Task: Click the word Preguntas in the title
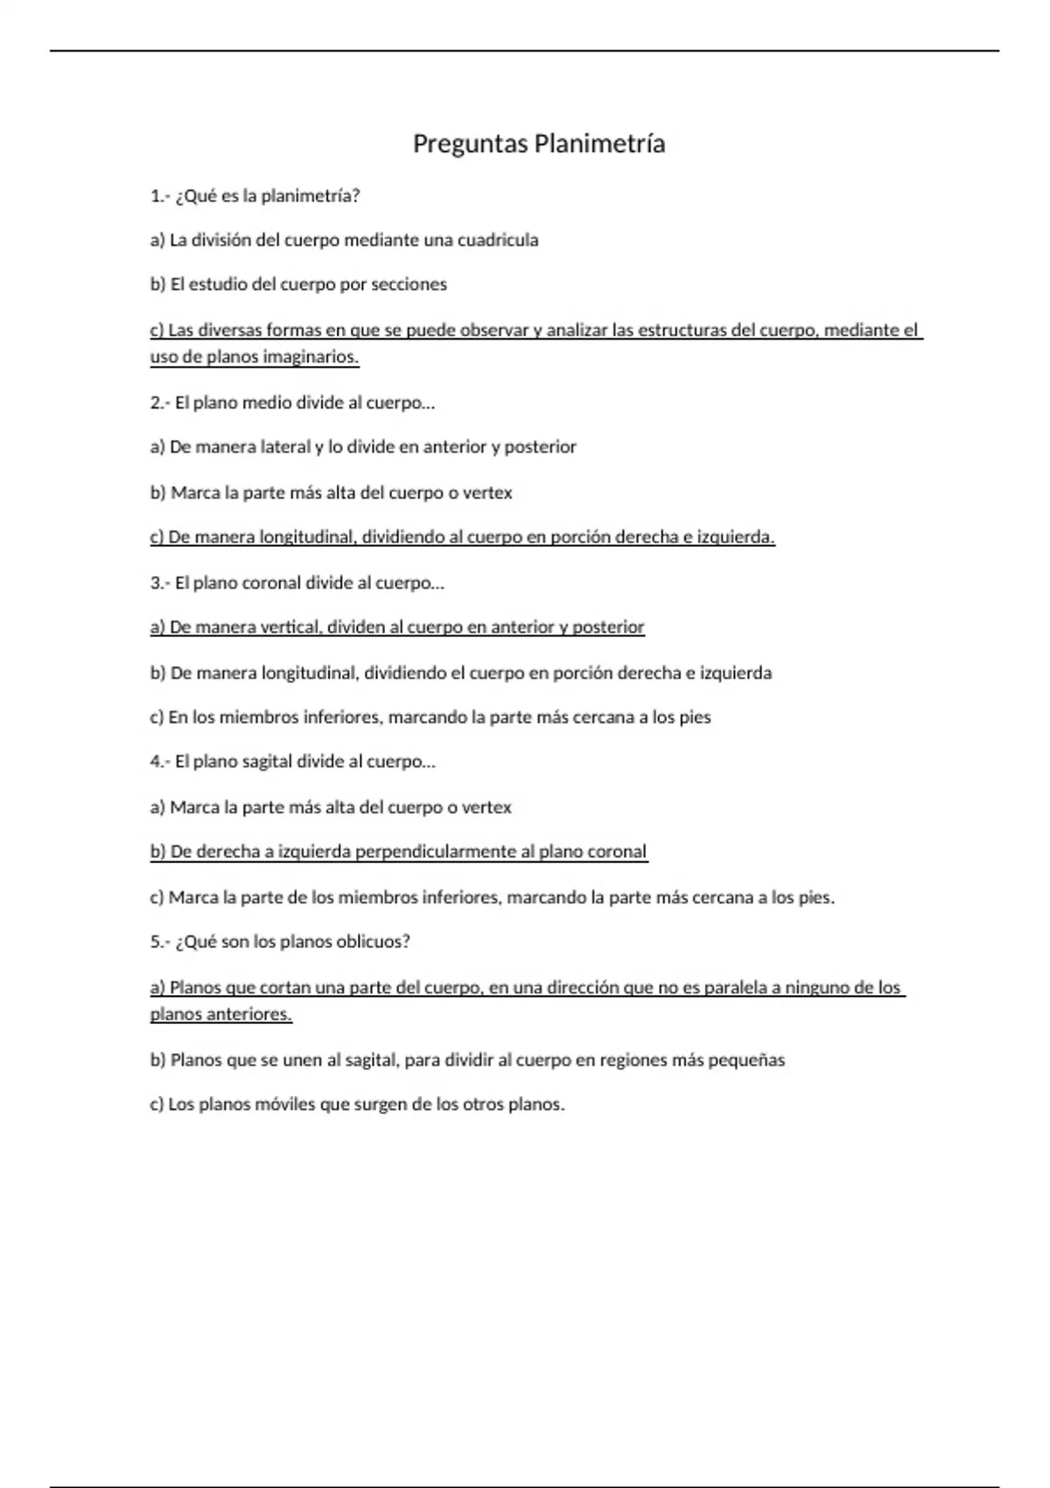tap(471, 144)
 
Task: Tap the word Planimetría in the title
tap(599, 144)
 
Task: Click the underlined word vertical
tap(291, 627)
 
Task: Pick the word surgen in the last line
tap(381, 1105)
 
